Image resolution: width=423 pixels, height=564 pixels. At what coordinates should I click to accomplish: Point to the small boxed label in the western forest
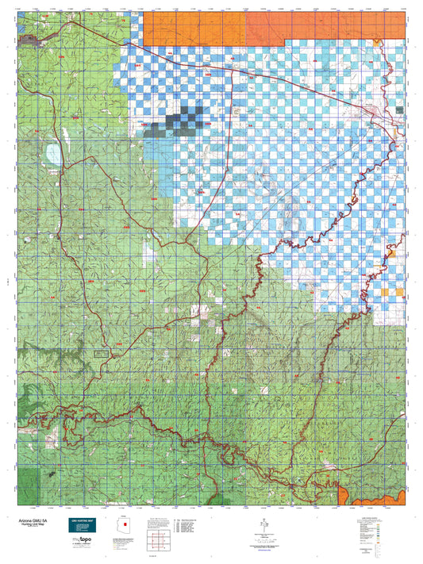point(101,351)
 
